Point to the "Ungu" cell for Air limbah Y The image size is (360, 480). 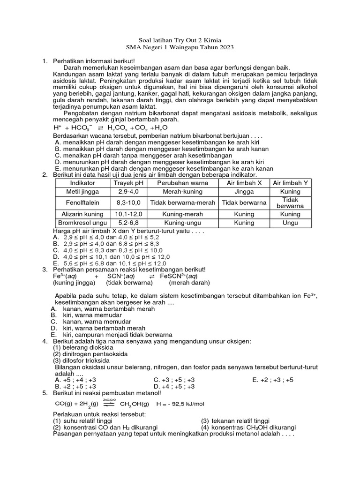[x=290, y=223]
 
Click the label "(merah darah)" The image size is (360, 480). [x=189, y=283]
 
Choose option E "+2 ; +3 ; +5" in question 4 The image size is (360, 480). [x=272, y=380]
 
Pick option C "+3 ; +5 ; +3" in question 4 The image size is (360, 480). [x=174, y=380]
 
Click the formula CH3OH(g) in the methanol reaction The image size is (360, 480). [x=135, y=404]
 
